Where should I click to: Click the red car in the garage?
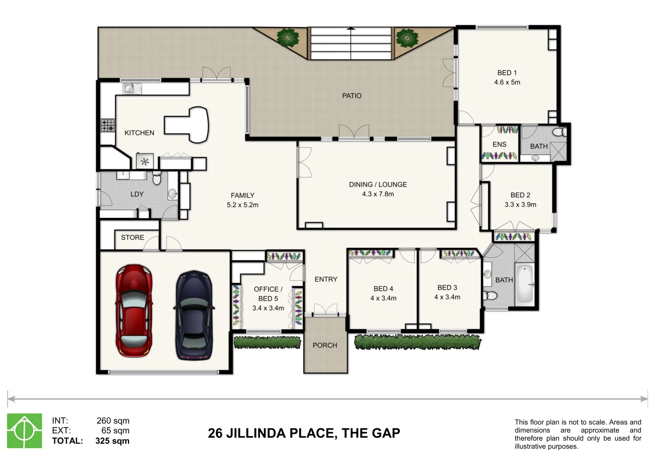[x=134, y=311]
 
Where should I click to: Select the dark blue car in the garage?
[x=194, y=315]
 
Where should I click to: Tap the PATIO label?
[x=352, y=96]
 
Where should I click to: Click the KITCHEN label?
[x=139, y=133]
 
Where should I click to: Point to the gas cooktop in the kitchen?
[x=108, y=125]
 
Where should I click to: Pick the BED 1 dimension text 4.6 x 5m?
[x=507, y=82]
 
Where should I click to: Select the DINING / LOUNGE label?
[x=378, y=185]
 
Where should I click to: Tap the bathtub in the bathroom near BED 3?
[x=525, y=284]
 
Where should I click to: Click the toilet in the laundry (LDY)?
[x=157, y=178]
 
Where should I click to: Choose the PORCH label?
[x=325, y=345]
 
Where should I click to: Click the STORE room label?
[x=133, y=238]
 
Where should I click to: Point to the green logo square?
[x=24, y=430]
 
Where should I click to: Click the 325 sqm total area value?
[x=112, y=441]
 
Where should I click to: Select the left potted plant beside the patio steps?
[x=288, y=37]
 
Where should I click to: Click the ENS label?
[x=499, y=144]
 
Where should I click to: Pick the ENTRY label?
[x=326, y=279]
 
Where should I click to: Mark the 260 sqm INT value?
[x=113, y=421]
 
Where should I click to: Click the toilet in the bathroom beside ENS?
[x=559, y=132]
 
